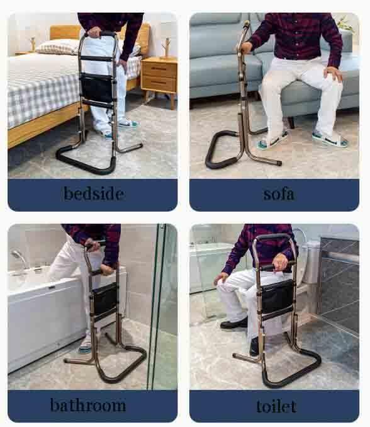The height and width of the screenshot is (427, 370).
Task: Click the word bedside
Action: pos(92,193)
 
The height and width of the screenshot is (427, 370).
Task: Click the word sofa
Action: pos(278,193)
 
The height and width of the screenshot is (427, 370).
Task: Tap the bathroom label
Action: pos(88,404)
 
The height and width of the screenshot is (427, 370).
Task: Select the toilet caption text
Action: pos(276,405)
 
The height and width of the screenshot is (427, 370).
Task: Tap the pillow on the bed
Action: pos(57,47)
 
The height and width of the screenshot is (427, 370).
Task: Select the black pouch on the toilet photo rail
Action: pos(277,295)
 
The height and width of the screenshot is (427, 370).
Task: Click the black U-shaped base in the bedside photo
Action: pos(85,161)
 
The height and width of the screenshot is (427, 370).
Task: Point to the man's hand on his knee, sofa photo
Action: pos(333,74)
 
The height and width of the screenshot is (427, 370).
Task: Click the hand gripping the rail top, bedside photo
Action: pos(94,32)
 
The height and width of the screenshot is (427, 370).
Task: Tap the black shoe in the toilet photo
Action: pos(233,324)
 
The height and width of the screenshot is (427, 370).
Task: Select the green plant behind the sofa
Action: pos(345,25)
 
